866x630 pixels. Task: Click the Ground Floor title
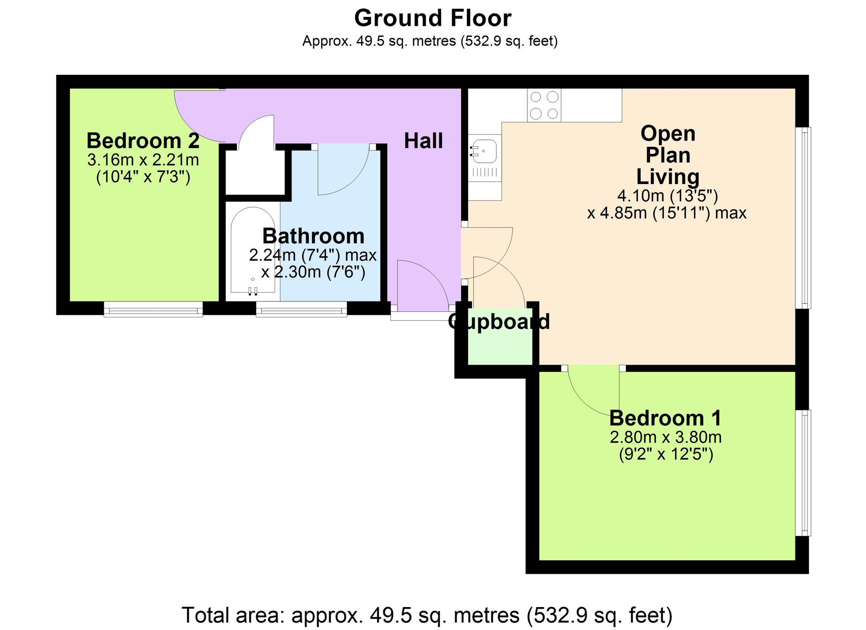[x=433, y=18]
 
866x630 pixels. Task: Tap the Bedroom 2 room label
[x=143, y=141]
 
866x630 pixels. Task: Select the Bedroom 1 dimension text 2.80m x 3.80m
[x=666, y=437]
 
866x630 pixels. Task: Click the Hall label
[x=423, y=141]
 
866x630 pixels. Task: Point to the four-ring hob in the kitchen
[x=544, y=105]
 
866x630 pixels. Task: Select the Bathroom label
[x=313, y=236]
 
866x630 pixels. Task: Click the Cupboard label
[x=499, y=322]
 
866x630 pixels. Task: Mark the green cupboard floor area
[x=500, y=349]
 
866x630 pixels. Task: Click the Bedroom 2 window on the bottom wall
[x=153, y=310]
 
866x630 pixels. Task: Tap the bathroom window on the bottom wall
[x=301, y=310]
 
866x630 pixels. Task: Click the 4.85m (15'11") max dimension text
[x=667, y=213]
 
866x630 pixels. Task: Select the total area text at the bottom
[x=427, y=615]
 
